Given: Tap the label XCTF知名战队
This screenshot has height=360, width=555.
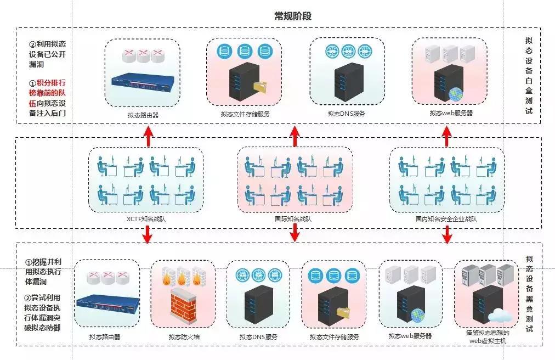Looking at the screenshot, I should click(x=146, y=218).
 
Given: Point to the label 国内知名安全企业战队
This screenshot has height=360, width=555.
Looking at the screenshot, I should click(x=446, y=218).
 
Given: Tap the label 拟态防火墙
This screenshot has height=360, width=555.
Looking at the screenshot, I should click(x=184, y=337).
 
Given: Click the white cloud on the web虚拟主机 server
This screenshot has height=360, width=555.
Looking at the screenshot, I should click(x=500, y=315).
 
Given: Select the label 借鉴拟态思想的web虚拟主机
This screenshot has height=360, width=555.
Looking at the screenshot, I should click(x=488, y=336).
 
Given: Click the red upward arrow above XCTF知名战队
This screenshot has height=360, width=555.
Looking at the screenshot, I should click(x=147, y=136).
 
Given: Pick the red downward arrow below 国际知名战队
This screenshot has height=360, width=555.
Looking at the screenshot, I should click(x=295, y=233).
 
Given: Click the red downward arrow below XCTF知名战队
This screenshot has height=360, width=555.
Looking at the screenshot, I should click(x=147, y=233).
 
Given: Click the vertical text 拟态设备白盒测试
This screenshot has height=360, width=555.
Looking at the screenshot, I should click(x=529, y=76).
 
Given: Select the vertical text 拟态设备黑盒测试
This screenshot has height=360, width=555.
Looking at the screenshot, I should click(x=529, y=294).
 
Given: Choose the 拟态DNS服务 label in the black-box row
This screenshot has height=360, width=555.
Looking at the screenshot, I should click(x=258, y=337).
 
